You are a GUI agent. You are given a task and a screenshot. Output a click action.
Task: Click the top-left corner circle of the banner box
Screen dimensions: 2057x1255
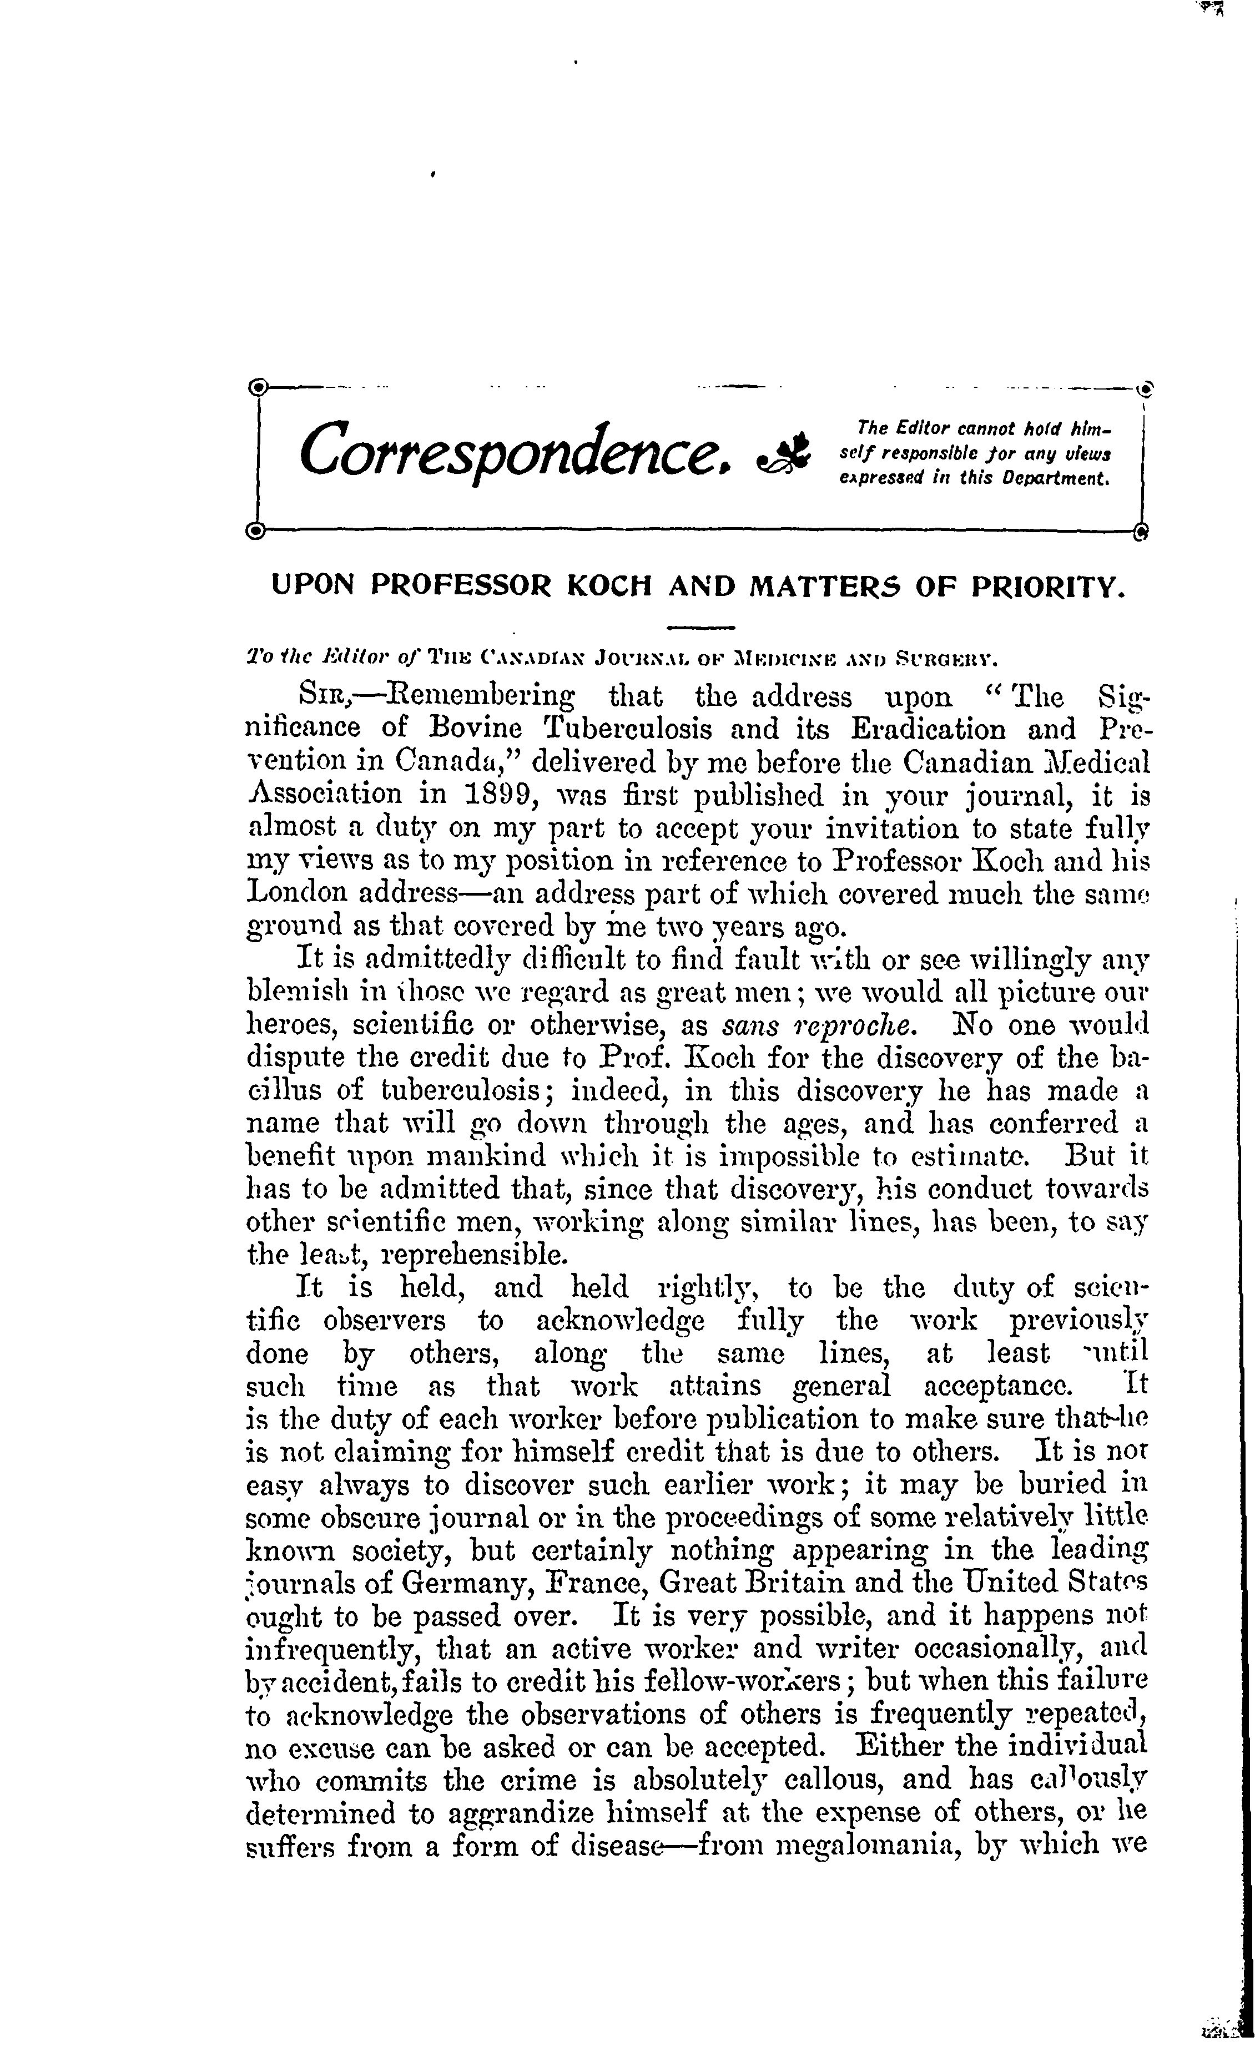[x=259, y=387]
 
